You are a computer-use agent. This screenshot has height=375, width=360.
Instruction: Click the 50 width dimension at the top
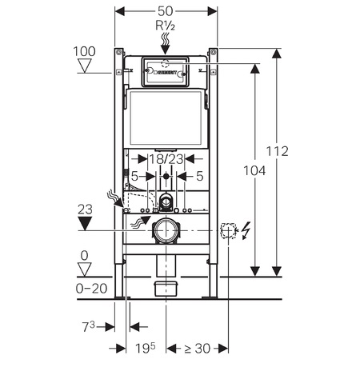point(166,11)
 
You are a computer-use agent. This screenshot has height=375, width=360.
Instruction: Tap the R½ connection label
point(166,26)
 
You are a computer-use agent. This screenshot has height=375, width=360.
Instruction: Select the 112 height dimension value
point(278,151)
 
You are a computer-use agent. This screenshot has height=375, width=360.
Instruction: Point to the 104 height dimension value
point(254,170)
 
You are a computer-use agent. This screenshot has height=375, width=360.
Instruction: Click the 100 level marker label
point(84,51)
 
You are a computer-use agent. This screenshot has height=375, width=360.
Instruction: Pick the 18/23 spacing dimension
point(166,159)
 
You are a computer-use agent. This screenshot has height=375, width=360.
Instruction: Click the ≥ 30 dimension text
point(198,349)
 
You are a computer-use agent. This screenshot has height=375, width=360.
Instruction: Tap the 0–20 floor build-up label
point(91,289)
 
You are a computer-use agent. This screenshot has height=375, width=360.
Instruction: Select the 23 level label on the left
point(85,209)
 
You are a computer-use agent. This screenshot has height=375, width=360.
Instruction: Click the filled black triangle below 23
point(85,223)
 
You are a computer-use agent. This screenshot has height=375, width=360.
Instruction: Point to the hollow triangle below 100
point(85,66)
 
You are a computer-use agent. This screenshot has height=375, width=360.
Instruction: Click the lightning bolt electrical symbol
point(246,230)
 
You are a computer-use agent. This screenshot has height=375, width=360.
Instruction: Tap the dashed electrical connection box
point(229,230)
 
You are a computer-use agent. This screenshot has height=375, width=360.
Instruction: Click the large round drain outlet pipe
point(166,231)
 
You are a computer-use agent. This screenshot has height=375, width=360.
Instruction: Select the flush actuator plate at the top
point(166,71)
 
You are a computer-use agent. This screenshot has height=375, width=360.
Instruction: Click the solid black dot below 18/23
point(166,176)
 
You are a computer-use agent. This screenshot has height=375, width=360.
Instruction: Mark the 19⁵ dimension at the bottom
point(146,348)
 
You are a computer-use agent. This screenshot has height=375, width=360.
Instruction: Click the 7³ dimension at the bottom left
point(88,326)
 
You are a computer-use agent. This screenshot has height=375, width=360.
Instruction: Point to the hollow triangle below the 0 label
point(85,269)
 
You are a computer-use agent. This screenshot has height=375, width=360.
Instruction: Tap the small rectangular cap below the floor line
point(166,288)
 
